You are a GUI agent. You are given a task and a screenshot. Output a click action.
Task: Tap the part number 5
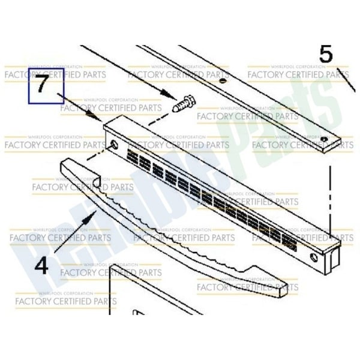325,55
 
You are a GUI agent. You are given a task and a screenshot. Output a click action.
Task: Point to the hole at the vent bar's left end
114,145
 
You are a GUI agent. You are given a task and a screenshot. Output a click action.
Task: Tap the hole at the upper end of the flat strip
223,81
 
